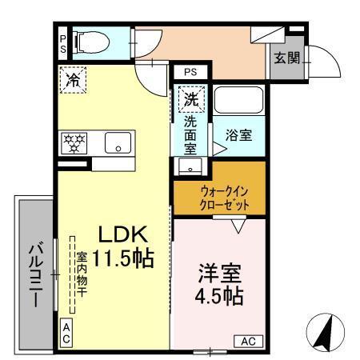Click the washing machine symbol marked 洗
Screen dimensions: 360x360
coord(191,100)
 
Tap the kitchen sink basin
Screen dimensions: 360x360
coord(119,144)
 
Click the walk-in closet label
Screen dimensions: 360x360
coord(219,197)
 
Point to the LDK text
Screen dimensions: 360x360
coord(122,234)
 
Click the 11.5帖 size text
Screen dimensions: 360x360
coord(122,259)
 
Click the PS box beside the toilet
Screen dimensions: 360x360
coord(62,42)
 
